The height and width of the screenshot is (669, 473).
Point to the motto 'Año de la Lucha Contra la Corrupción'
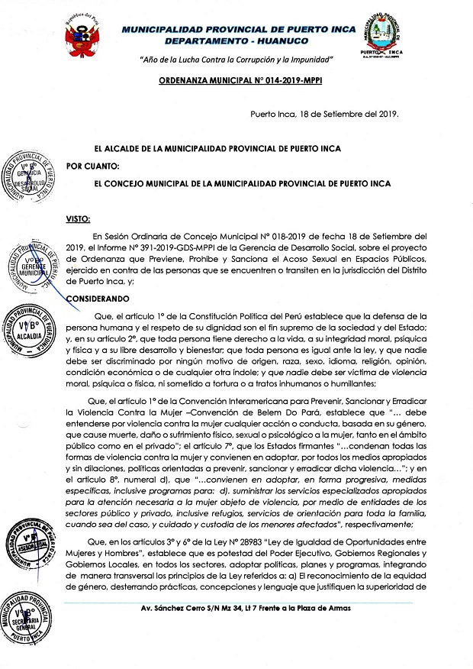(x=237, y=60)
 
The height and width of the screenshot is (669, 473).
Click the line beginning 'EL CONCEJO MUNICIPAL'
(x=241, y=184)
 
